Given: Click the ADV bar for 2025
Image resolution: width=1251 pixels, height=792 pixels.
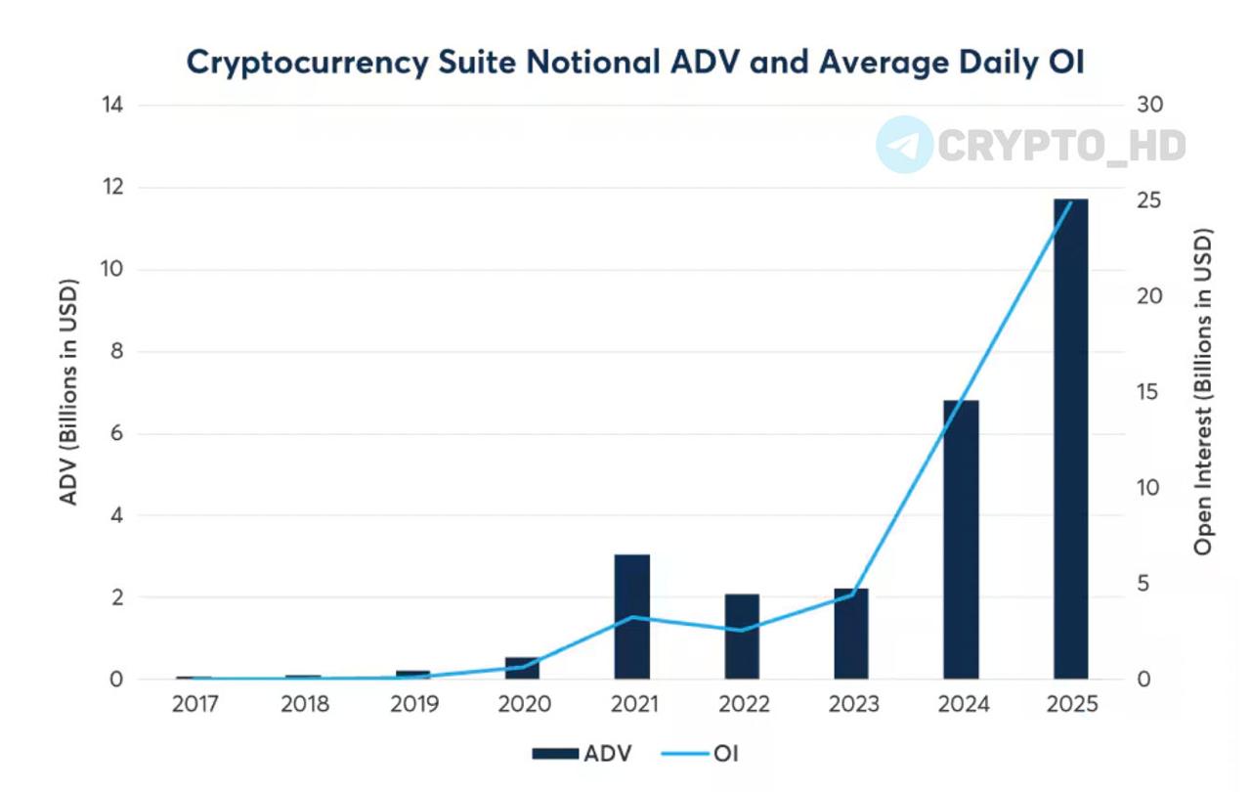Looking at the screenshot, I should click(x=1070, y=440).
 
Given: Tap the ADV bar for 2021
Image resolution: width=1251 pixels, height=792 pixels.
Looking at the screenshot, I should click(x=632, y=616).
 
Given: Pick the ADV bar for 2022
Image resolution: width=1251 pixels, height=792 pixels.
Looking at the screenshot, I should click(x=742, y=637).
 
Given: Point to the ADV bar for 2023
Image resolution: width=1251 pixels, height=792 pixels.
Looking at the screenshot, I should click(x=851, y=634).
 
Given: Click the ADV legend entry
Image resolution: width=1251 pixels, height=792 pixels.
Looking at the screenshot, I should click(x=582, y=753).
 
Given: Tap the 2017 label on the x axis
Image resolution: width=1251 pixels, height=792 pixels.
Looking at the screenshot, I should click(x=195, y=705).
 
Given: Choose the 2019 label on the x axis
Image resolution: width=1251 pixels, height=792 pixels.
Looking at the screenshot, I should click(x=414, y=705).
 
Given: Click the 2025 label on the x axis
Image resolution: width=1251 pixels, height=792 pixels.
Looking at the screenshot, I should click(x=1071, y=705).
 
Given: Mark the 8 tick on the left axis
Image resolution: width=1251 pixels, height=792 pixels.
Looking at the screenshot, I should click(x=115, y=351).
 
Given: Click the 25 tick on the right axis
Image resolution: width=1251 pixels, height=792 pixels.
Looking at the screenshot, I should click(x=1148, y=200).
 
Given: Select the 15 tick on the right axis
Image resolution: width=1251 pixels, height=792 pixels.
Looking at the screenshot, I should click(x=1148, y=392).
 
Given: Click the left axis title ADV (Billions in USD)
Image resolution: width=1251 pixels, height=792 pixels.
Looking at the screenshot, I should click(x=68, y=391).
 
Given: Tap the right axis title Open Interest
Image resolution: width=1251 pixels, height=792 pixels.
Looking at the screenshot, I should click(x=1203, y=391).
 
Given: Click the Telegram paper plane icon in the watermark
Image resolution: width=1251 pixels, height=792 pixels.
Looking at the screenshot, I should click(x=904, y=145).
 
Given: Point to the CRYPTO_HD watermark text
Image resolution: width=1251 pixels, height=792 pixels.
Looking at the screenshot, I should click(x=1061, y=146).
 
